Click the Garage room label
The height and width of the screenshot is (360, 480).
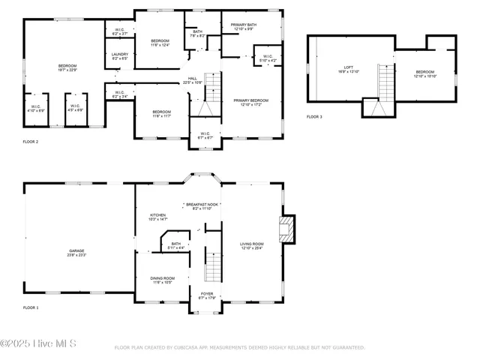point(77,253)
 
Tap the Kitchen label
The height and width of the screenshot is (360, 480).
point(157,217)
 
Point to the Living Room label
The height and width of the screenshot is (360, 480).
point(252,246)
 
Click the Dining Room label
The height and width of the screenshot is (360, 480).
point(163,280)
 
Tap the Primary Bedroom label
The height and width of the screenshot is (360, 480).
point(250,102)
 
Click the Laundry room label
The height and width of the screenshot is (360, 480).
point(120,56)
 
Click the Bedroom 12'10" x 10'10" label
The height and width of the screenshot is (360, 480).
point(425,74)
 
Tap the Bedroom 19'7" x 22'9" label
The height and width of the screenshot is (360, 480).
point(67,68)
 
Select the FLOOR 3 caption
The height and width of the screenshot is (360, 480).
point(314,117)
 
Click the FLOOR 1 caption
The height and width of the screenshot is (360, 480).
point(30,308)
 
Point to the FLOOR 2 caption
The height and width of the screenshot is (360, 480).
point(30,141)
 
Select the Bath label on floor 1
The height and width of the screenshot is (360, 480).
point(175,245)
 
